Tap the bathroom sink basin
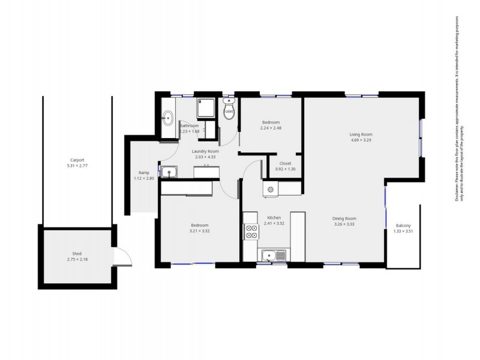[x=168, y=118]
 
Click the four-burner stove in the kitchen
[x=250, y=231]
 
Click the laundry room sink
[x=169, y=173]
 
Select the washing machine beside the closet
[x=271, y=190]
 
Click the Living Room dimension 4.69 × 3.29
[x=361, y=140]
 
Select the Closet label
[x=285, y=163]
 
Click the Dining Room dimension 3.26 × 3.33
[x=344, y=224]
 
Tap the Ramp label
[x=143, y=173]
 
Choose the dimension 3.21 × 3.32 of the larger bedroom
[x=199, y=231]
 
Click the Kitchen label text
[x=274, y=217]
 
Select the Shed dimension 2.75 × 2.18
[x=77, y=259]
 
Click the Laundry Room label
[x=205, y=151]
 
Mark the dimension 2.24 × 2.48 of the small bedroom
[x=270, y=128]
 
